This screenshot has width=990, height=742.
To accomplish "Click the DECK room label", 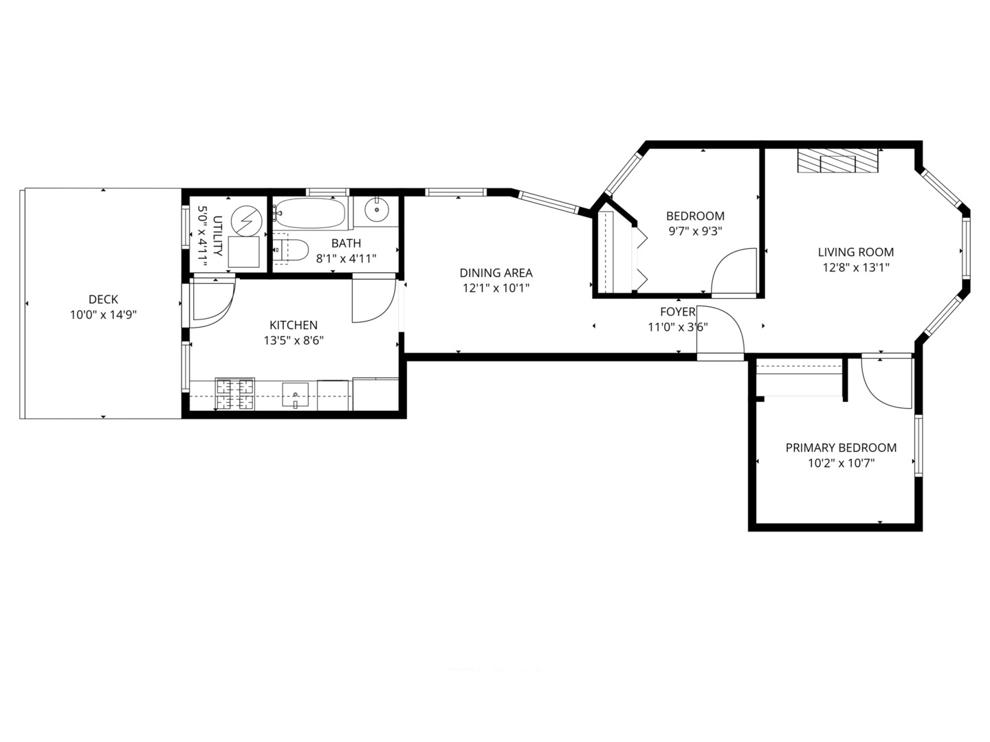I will click(x=103, y=300).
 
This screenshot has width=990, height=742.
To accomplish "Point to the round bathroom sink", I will click(x=376, y=210).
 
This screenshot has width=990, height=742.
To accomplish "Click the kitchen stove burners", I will click(x=234, y=394).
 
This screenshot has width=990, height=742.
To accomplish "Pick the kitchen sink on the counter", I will click(x=296, y=394).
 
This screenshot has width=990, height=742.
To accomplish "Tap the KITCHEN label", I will click(x=294, y=325).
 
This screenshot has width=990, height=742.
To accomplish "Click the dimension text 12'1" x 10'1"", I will click(x=496, y=289).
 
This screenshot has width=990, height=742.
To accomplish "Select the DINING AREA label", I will click(x=496, y=273).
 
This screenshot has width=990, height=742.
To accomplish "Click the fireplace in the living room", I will click(x=838, y=161).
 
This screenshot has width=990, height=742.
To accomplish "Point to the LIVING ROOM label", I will click(x=856, y=252).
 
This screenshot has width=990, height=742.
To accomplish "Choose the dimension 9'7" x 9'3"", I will click(x=695, y=232).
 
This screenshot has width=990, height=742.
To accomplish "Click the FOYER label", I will click(x=678, y=312).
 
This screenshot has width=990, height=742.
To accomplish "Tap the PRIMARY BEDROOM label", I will click(x=841, y=448).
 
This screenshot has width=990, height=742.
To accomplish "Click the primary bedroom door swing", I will click(x=887, y=381).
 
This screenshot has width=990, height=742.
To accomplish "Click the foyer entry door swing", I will click(x=722, y=333).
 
